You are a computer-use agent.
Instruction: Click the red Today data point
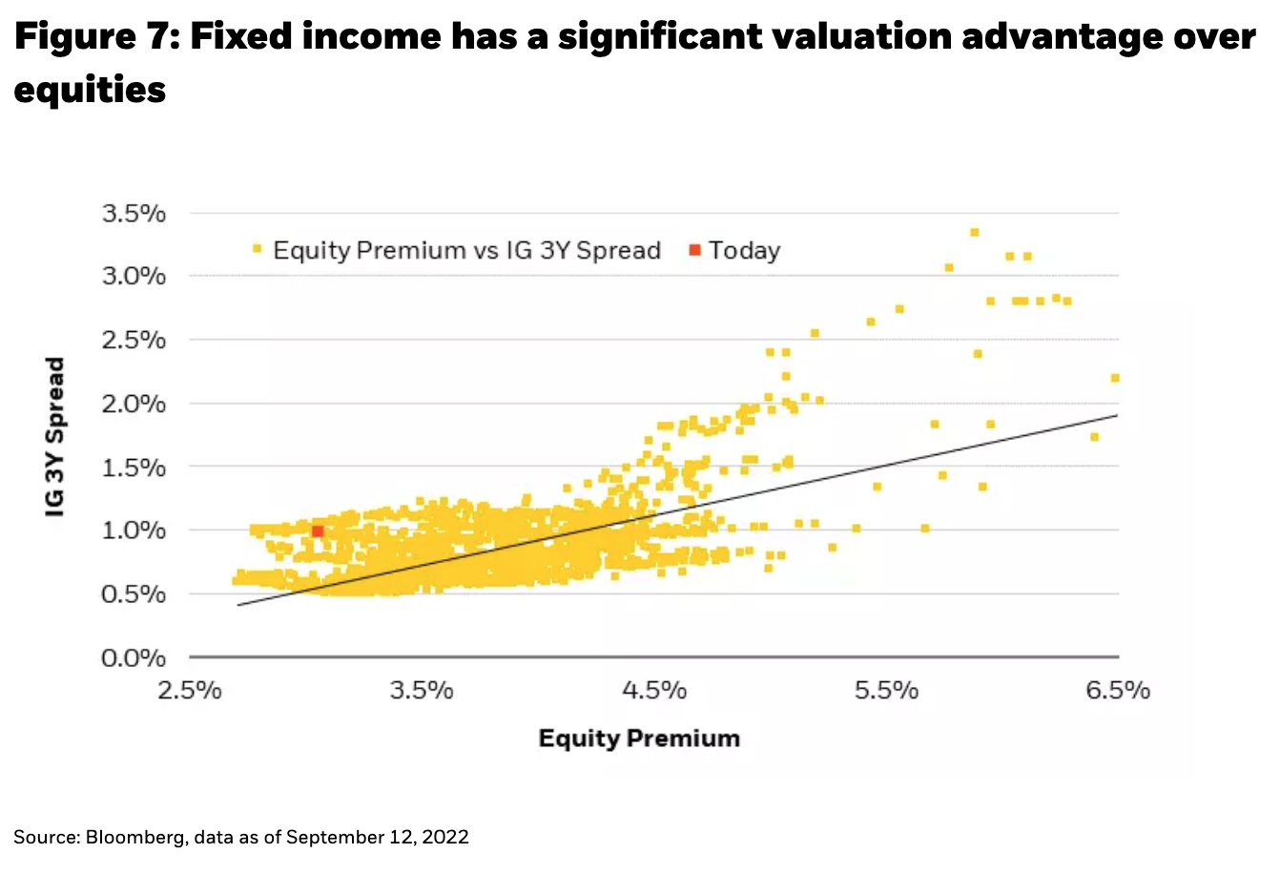(318, 531)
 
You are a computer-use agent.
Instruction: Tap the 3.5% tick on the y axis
(134, 214)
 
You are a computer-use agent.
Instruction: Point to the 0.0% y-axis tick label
(134, 658)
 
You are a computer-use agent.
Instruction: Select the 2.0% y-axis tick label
(134, 404)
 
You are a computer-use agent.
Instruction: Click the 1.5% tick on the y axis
(134, 468)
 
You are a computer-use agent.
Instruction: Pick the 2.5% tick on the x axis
(190, 690)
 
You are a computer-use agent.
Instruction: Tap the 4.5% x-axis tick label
(654, 690)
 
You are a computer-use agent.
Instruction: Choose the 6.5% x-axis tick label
(1118, 690)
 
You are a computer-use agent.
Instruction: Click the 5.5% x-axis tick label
(886, 690)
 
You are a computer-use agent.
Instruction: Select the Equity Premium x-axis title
(639, 738)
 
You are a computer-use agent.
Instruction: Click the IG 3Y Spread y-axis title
(56, 437)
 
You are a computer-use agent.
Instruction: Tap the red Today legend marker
(694, 251)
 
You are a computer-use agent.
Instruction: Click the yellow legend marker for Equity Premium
(257, 251)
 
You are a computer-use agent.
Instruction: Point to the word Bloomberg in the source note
(136, 837)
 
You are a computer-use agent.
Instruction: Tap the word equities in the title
(90, 91)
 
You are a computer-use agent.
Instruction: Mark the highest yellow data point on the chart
(974, 232)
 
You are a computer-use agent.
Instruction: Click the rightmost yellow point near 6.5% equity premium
(1115, 378)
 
